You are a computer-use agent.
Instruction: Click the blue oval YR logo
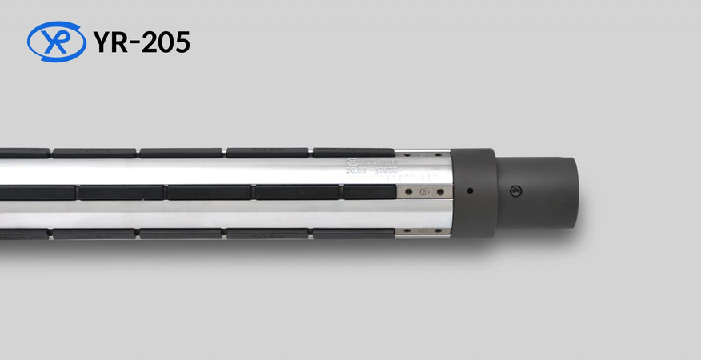coord(56,42)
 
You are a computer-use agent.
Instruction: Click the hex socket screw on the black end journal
coord(516,191)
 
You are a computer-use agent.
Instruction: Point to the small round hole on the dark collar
coord(471,191)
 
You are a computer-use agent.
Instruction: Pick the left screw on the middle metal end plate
coord(411,192)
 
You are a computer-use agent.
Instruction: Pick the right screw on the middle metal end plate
coord(439,192)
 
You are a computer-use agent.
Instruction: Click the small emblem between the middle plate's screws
coord(425,192)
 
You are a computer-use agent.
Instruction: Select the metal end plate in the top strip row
coord(423,154)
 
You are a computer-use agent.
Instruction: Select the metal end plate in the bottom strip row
coord(423,233)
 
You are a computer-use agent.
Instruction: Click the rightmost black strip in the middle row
coord(370,192)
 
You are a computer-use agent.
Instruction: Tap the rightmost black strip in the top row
coord(353,152)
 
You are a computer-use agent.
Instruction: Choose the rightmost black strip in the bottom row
coord(353,234)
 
